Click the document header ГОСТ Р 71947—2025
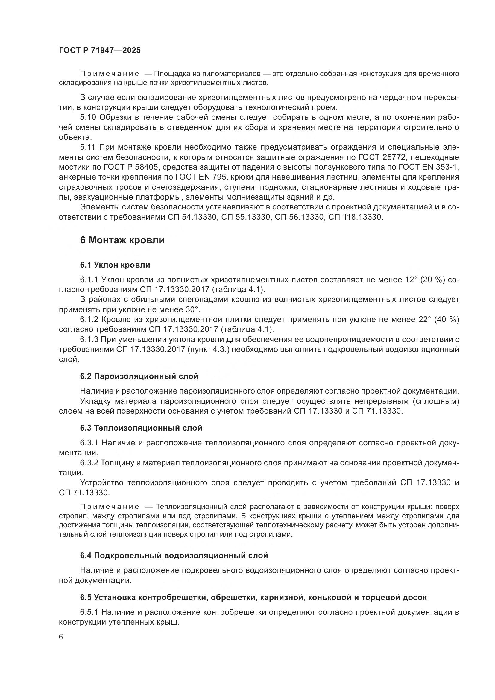[x=100, y=51]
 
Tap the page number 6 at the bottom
[x=61, y=637]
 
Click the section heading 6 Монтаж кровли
[x=122, y=240]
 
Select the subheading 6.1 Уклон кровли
[x=115, y=265]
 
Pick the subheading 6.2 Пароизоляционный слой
[x=139, y=376]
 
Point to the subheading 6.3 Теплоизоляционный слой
[x=141, y=428]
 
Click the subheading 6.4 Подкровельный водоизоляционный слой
[x=174, y=555]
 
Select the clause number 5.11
[x=88, y=147]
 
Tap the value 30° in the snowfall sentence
[x=192, y=310]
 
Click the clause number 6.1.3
[x=89, y=340]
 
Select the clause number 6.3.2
[x=89, y=463]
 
